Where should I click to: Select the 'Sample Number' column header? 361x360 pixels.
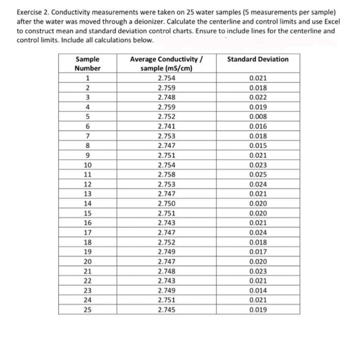(x=88, y=63)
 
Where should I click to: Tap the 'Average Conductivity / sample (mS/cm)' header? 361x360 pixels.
(x=166, y=63)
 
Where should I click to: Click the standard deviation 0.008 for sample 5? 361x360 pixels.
(x=258, y=117)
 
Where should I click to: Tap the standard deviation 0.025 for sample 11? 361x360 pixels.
(x=258, y=175)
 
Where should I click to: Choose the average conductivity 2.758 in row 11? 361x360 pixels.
(x=166, y=175)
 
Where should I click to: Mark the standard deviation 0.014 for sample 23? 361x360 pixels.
(x=258, y=291)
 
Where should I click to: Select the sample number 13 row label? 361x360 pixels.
(x=88, y=194)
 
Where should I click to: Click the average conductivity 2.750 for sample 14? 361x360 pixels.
(x=166, y=204)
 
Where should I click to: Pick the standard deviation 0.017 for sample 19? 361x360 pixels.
(x=258, y=252)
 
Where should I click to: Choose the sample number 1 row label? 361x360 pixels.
(x=88, y=78)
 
